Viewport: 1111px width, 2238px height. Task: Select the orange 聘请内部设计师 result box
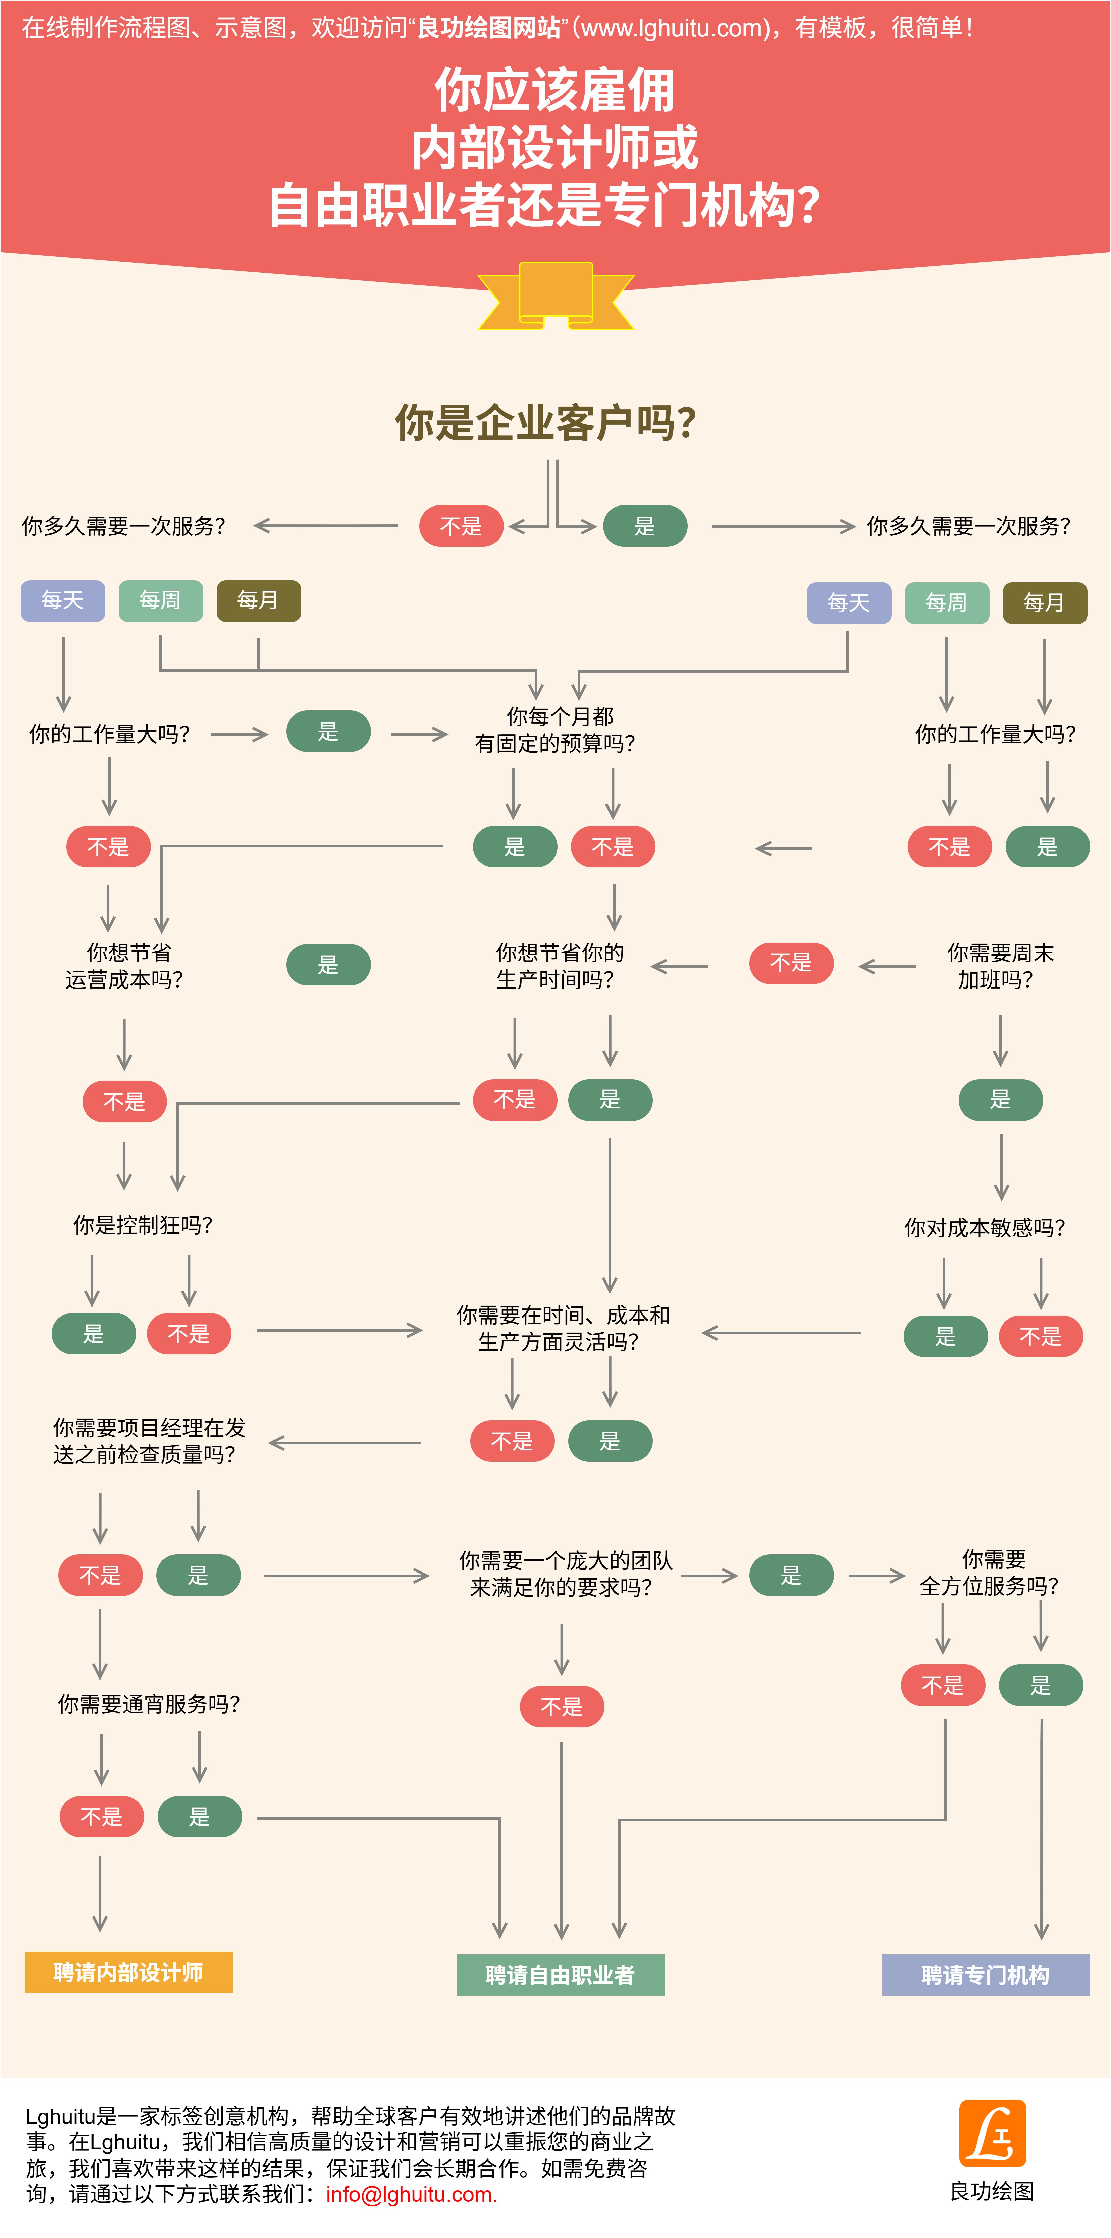(128, 1972)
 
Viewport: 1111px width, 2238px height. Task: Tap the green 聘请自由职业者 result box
(560, 1975)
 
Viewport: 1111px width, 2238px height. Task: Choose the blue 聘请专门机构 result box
(985, 1975)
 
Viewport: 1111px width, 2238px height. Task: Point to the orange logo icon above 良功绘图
(992, 2133)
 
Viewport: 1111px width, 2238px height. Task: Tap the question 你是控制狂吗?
(143, 1225)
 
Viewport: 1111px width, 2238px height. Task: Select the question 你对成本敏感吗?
(984, 1228)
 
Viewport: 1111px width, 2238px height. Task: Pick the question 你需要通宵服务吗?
(149, 1704)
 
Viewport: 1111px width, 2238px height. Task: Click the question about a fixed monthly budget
(556, 730)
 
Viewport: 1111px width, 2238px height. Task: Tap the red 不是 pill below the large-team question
(561, 1706)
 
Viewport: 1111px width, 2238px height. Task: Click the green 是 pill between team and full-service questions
(790, 1575)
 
